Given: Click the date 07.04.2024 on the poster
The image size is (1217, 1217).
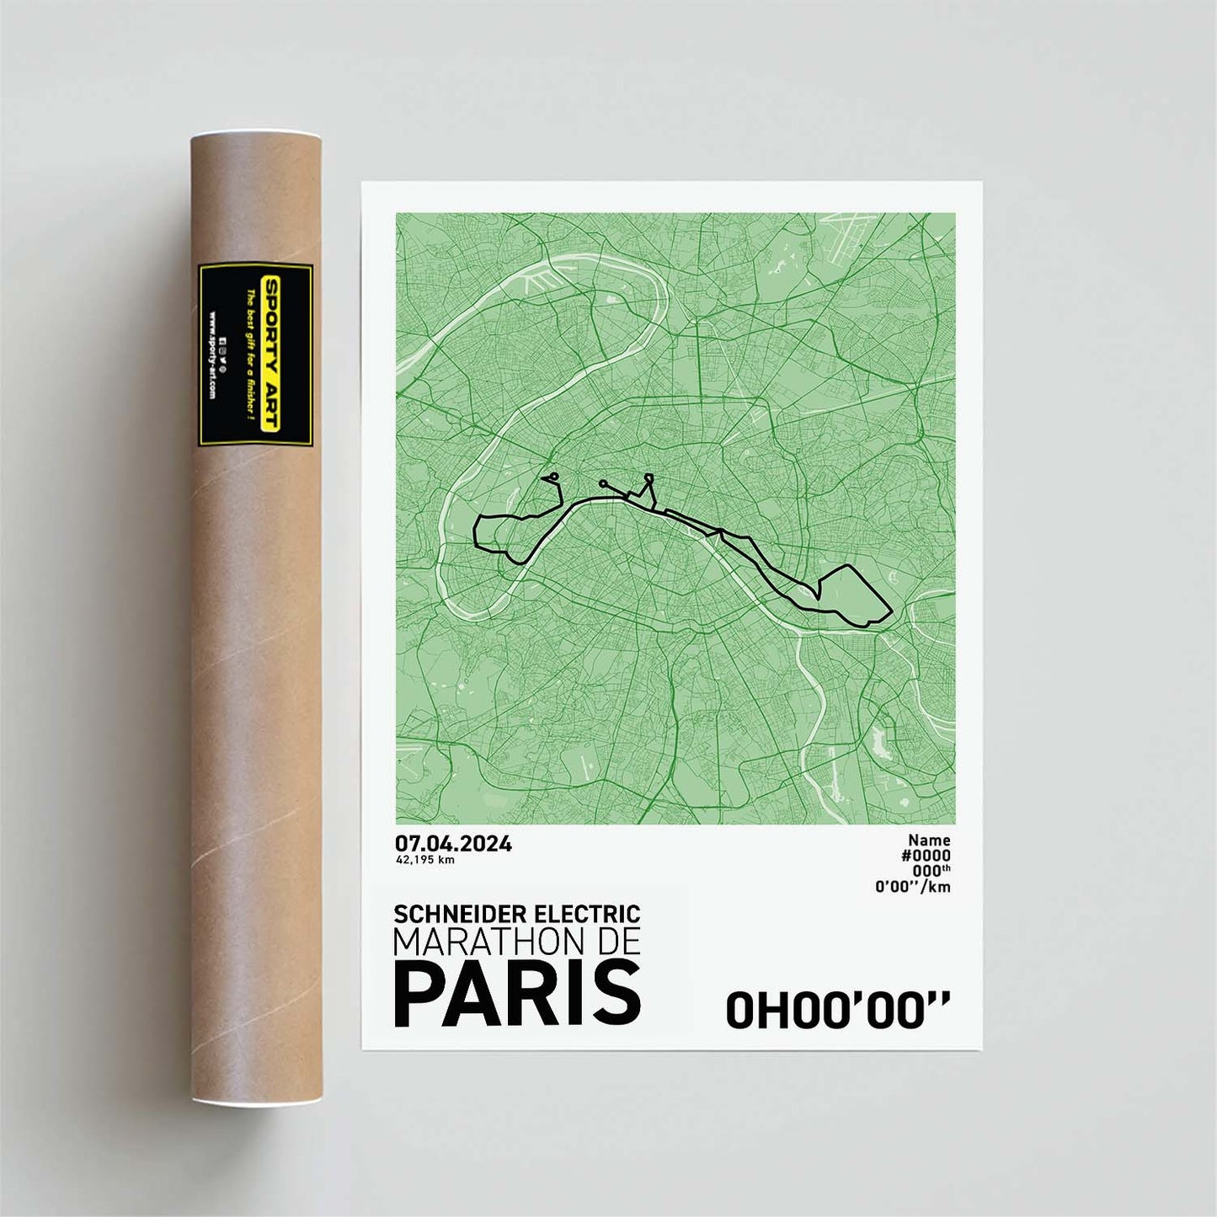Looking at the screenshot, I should click(453, 844).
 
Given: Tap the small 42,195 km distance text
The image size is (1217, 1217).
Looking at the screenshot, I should click(425, 860).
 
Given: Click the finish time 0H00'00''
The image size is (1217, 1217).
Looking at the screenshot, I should click(837, 1010).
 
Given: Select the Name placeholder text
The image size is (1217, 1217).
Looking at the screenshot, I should click(929, 840).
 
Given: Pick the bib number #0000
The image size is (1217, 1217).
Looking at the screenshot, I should click(926, 856).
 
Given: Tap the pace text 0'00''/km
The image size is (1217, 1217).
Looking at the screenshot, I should click(913, 886).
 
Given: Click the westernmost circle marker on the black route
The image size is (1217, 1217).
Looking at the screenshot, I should click(553, 478).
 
